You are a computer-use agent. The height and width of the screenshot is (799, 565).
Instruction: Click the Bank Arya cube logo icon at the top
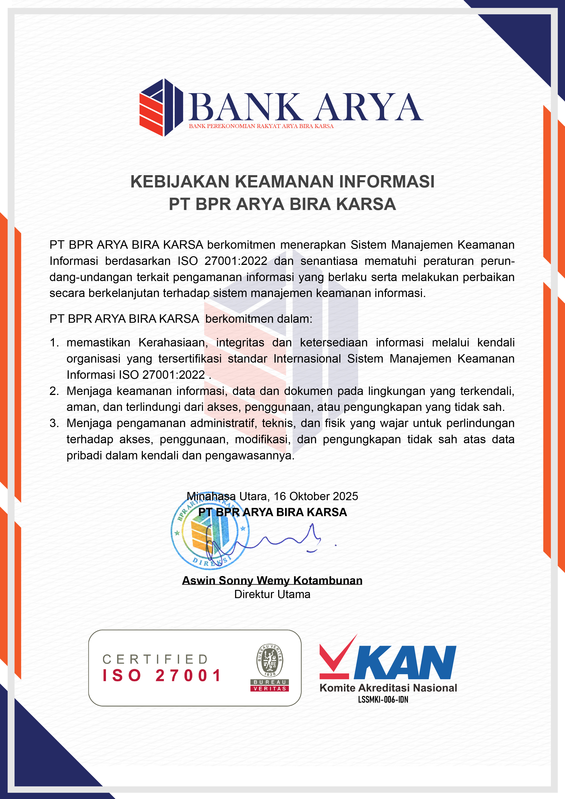(x=161, y=107)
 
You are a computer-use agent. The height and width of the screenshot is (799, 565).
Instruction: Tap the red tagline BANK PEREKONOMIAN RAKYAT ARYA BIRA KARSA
(x=261, y=126)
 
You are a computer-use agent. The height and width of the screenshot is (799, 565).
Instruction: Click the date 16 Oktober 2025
(x=316, y=496)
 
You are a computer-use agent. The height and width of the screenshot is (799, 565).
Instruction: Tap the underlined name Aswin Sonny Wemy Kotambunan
(x=272, y=580)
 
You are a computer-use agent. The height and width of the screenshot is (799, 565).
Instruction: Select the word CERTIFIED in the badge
(x=155, y=659)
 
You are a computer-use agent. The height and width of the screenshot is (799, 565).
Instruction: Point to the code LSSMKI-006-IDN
(x=383, y=699)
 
